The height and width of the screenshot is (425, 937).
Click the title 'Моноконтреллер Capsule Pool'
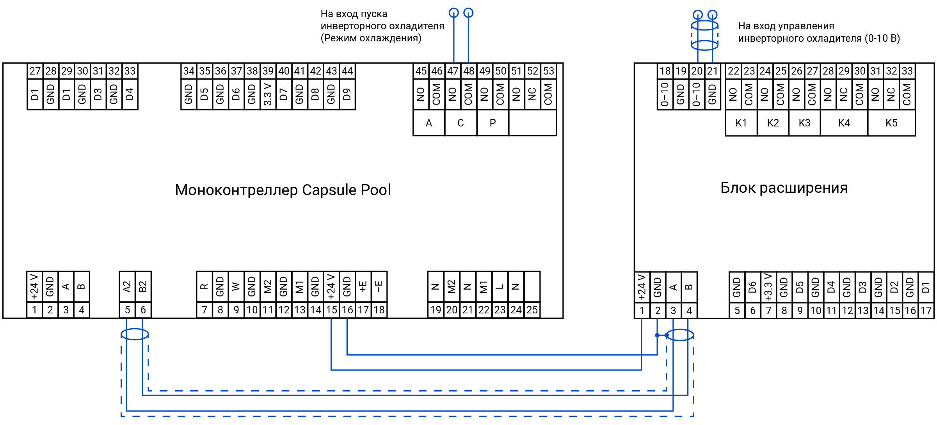point(283,190)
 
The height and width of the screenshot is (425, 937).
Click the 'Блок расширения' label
point(784,188)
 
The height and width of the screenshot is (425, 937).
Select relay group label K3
point(804,123)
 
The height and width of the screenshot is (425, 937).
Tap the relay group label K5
point(891,123)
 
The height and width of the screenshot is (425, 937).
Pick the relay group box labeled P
point(493,123)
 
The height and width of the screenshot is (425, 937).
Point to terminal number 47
point(453,71)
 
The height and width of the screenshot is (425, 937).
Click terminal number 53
point(548,71)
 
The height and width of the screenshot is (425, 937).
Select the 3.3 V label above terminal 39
point(268,94)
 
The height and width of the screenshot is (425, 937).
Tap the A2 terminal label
point(127,287)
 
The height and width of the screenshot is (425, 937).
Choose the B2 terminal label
point(143,287)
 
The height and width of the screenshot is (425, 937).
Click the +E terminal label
point(363,287)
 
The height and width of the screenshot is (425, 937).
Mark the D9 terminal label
point(347,94)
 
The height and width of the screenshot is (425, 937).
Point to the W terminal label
point(236,287)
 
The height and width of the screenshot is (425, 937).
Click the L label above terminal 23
point(500,287)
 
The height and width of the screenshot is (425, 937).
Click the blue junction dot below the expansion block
point(657,335)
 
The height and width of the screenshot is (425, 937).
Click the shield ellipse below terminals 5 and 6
point(135,334)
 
